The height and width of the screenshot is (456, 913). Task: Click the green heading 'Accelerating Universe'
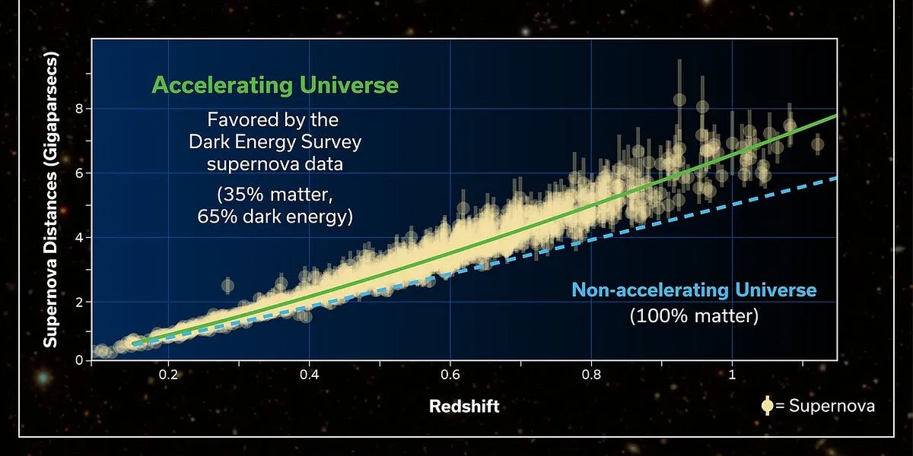point(275,84)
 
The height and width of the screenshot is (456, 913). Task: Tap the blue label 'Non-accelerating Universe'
point(693,290)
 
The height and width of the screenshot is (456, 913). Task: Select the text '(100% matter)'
point(693,315)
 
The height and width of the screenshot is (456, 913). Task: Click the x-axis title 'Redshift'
point(464,406)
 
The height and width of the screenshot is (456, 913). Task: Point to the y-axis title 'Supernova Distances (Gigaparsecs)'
point(50,200)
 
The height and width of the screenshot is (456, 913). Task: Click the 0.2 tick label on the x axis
point(169,375)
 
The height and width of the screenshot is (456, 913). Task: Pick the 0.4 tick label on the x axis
point(309,375)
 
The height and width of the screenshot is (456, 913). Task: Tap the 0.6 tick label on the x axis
point(450,375)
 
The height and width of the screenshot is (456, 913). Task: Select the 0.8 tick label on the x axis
point(590,375)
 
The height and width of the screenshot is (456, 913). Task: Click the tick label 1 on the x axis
point(732,375)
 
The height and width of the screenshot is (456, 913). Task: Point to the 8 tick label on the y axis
point(78,108)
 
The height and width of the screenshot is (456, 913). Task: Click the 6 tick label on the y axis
point(78,173)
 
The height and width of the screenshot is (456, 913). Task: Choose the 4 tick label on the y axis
point(78,237)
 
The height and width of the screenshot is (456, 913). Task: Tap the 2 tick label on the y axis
point(78,302)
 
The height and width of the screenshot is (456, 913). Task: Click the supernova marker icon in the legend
point(767,406)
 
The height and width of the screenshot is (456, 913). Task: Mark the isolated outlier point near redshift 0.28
point(227,286)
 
